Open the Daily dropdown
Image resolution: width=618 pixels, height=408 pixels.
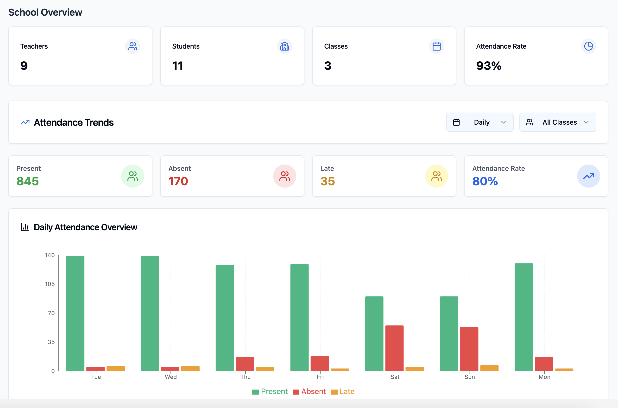pyautogui.click(x=480, y=122)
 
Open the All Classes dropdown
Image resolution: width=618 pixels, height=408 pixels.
pyautogui.click(x=557, y=122)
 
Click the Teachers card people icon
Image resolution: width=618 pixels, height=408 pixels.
pyautogui.click(x=133, y=46)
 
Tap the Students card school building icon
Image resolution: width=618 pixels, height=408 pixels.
pyautogui.click(x=284, y=46)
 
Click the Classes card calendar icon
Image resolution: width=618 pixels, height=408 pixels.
pyautogui.click(x=436, y=46)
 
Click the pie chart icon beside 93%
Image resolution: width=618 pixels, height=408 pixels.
pyautogui.click(x=588, y=46)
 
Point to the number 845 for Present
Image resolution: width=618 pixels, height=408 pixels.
pyautogui.click(x=28, y=181)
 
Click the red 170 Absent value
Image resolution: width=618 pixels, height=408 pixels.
pyautogui.click(x=178, y=181)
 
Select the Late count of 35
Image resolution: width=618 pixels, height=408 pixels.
pyautogui.click(x=328, y=181)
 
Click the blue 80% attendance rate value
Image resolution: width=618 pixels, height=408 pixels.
pyautogui.click(x=485, y=181)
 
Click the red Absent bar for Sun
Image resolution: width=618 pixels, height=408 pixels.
pyautogui.click(x=469, y=349)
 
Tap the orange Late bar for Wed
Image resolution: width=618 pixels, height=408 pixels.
pyautogui.click(x=190, y=368)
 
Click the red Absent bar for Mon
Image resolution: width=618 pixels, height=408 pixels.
pyautogui.click(x=544, y=364)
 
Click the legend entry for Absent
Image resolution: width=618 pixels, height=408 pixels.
pyautogui.click(x=309, y=391)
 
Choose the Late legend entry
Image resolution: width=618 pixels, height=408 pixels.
pyautogui.click(x=343, y=391)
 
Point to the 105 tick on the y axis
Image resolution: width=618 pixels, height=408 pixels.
pyautogui.click(x=50, y=284)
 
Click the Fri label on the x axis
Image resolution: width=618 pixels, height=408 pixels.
pyautogui.click(x=320, y=377)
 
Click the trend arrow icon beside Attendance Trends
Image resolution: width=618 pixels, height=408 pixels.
pyautogui.click(x=25, y=122)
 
